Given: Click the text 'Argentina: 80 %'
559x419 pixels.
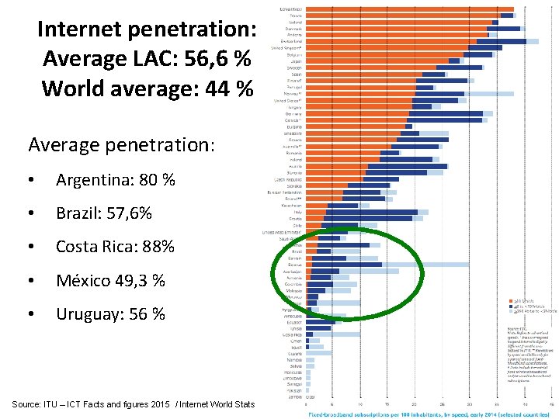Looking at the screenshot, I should click(115, 180).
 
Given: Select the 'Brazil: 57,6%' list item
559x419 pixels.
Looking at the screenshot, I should click(103, 213).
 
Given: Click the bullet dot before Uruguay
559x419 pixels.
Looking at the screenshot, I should click(30, 314).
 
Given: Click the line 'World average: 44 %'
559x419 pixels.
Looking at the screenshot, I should click(148, 88).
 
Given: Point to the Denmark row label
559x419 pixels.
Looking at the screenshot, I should click(293, 28).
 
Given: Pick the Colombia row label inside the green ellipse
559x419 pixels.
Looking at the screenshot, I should click(293, 284).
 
